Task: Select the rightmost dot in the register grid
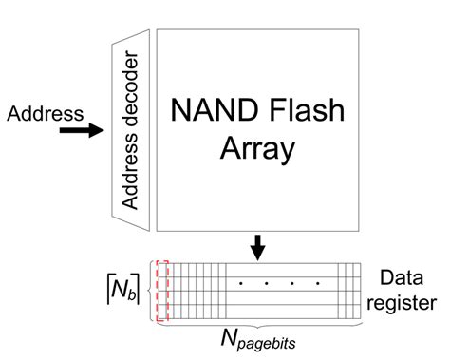tap(315, 283)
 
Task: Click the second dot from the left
tap(266, 283)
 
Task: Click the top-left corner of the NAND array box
tap(156, 28)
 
